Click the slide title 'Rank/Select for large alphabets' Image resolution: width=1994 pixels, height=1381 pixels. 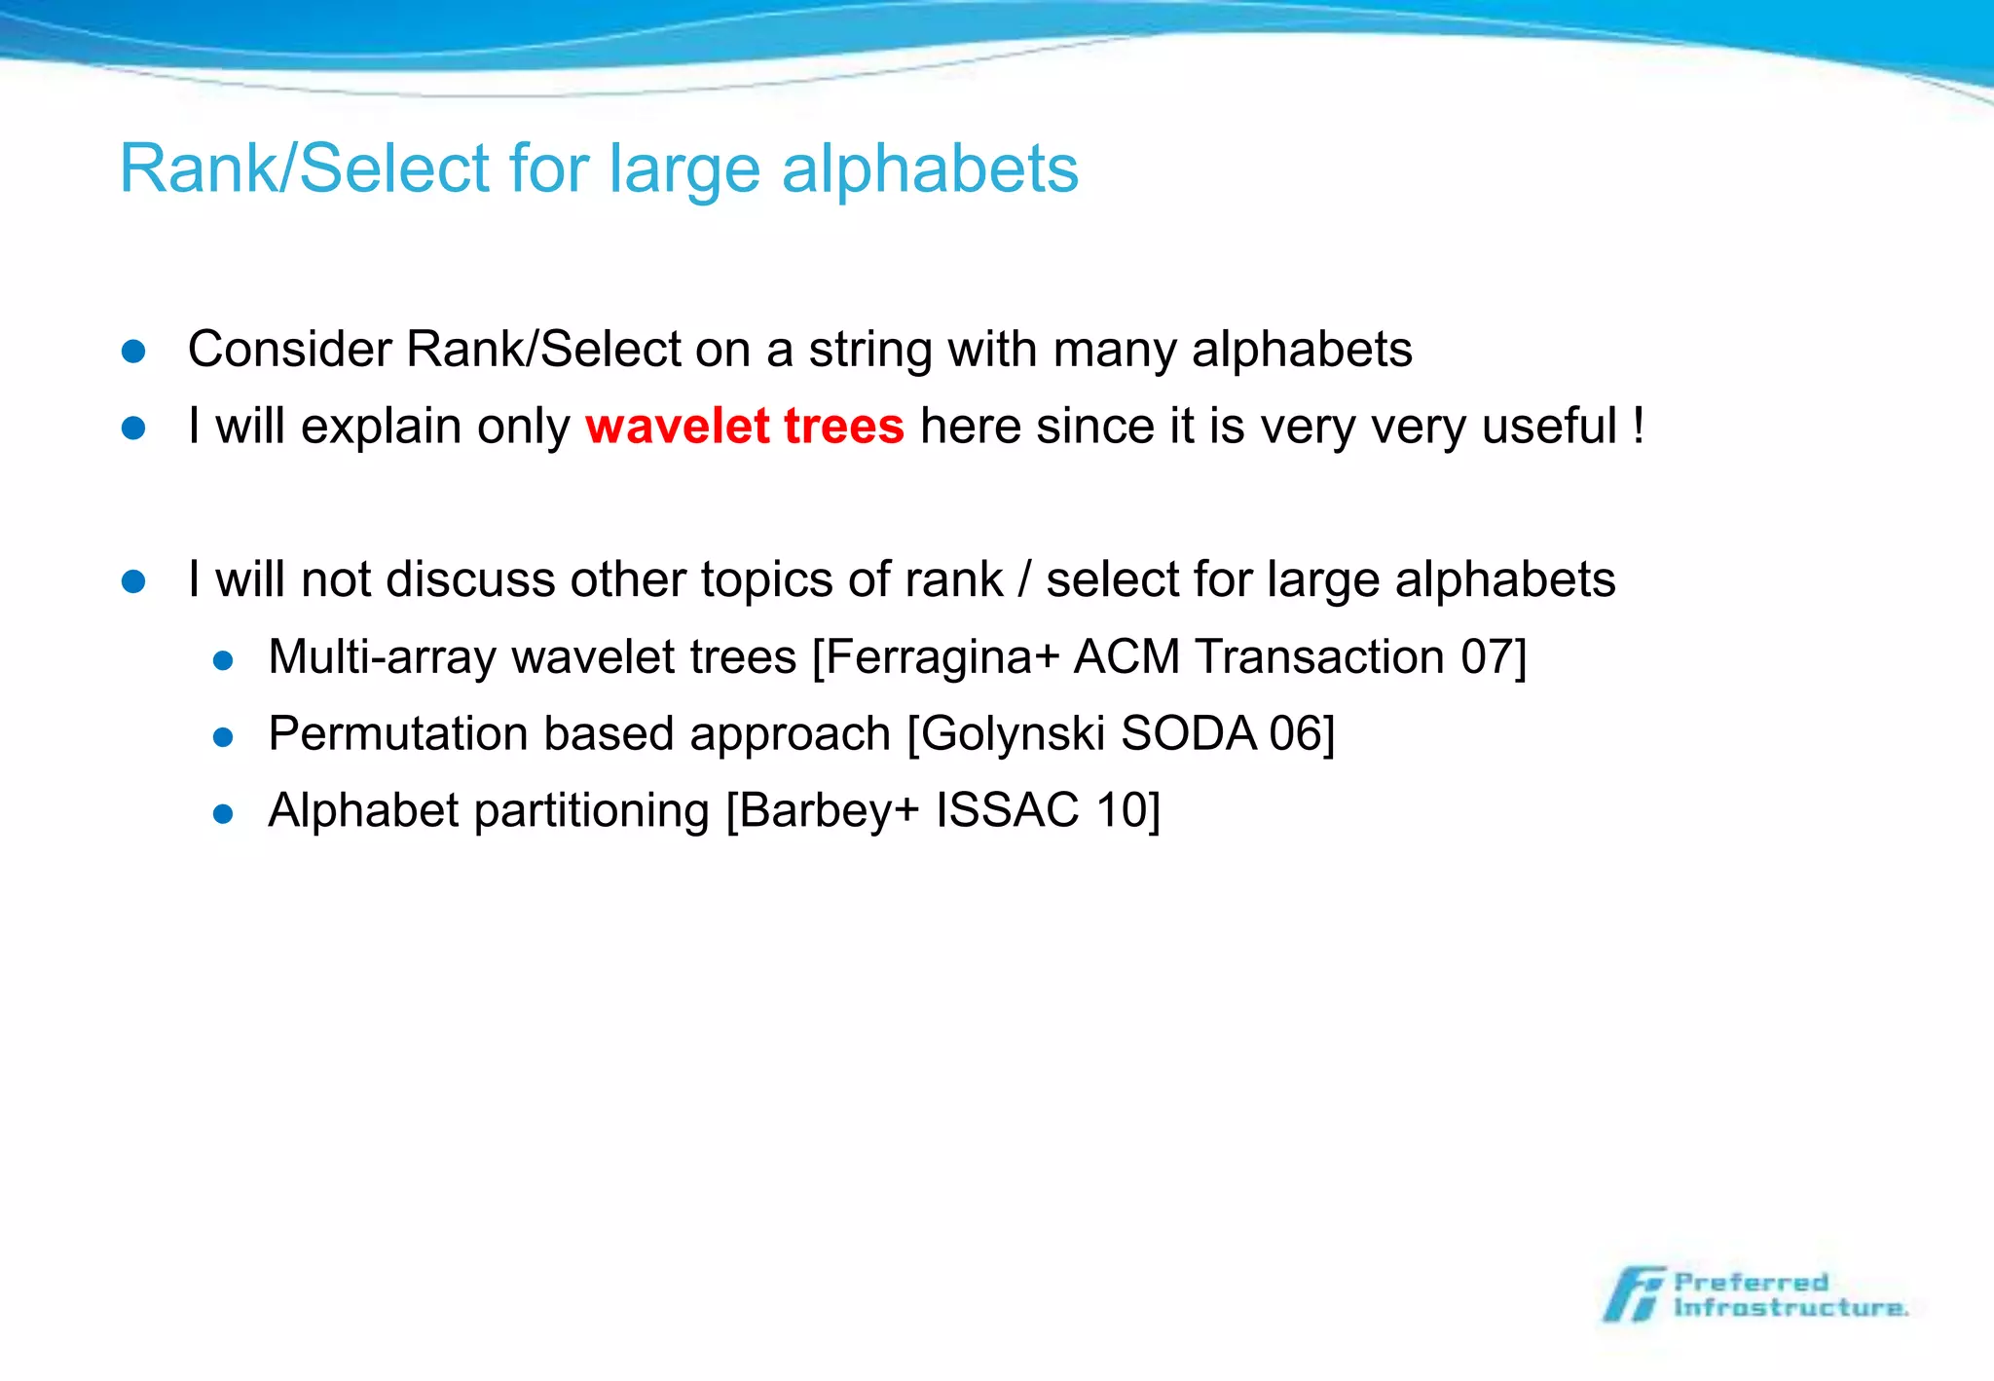pos(598,168)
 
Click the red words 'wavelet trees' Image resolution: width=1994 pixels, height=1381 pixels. pos(745,427)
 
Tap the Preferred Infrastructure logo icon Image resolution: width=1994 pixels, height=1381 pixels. pos(1634,1294)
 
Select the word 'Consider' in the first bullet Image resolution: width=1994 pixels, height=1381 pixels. pos(289,350)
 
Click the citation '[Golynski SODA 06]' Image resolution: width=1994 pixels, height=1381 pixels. pos(1121,733)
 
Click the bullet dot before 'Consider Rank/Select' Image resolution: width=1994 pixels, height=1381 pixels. pos(133,352)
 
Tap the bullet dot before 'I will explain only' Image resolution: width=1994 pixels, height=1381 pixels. pos(133,429)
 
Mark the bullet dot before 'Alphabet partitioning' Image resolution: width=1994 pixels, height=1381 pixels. pos(223,813)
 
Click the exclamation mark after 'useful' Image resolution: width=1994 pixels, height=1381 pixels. pos(1639,427)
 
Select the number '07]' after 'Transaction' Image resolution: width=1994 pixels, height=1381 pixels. pos(1494,656)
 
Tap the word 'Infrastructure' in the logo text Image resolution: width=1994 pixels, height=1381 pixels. pos(1790,1307)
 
